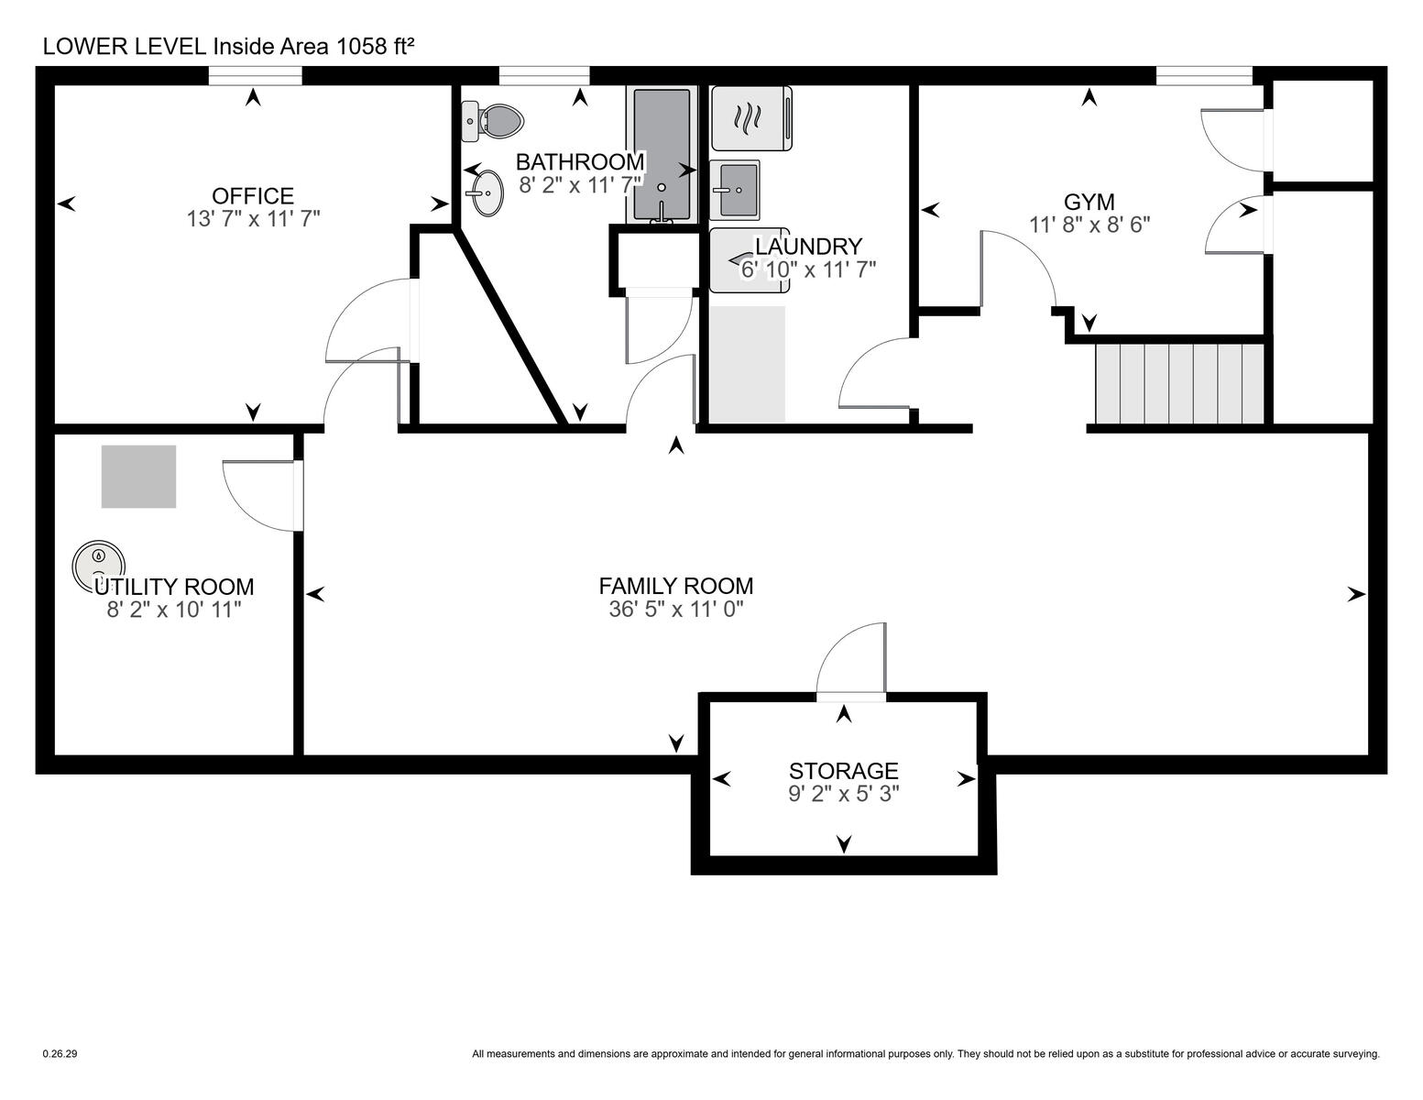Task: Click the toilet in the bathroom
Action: (x=493, y=121)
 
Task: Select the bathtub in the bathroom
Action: (x=662, y=155)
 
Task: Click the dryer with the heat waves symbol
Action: (x=751, y=118)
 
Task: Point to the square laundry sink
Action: (x=735, y=190)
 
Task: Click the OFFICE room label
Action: (x=253, y=195)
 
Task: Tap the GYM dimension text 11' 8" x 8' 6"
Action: (x=1089, y=225)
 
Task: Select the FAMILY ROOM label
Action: (x=676, y=585)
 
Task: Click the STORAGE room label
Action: (x=844, y=770)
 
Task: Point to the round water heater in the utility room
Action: (x=98, y=566)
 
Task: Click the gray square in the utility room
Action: (x=139, y=477)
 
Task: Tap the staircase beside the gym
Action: (x=1179, y=385)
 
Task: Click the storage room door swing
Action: (x=851, y=661)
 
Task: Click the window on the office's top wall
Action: (x=256, y=76)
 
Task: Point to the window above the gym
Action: (x=1204, y=76)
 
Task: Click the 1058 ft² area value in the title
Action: (x=376, y=47)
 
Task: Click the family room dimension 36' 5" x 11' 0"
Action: (x=676, y=609)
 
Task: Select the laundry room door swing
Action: (x=875, y=373)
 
